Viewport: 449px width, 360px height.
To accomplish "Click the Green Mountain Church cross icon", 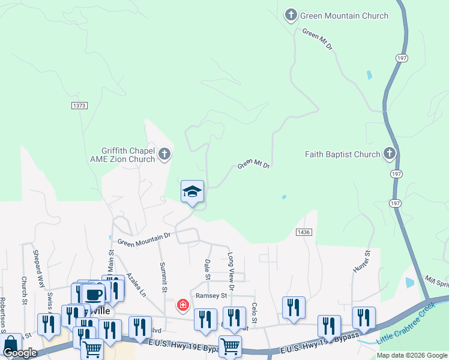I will click(291, 15).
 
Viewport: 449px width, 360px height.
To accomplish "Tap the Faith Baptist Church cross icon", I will click(390, 154).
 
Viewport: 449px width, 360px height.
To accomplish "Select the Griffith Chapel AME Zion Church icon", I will click(164, 155).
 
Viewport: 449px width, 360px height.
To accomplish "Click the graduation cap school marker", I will click(193, 191).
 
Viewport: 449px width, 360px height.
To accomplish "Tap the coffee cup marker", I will click(94, 294).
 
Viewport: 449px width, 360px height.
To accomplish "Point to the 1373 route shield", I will click(79, 106).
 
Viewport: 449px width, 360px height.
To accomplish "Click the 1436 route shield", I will click(304, 232).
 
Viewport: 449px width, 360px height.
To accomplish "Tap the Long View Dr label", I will click(231, 268).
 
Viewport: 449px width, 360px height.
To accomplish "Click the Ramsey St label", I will click(211, 296).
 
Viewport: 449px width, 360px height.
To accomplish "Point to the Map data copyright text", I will click(412, 355).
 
